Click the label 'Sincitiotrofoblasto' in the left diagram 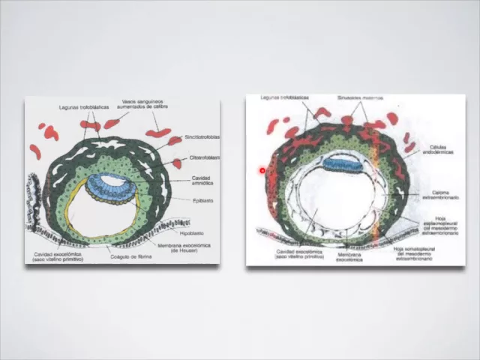point(202,138)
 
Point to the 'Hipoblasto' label point(191,233)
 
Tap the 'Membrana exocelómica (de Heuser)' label point(184,247)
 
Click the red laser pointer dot point(262,171)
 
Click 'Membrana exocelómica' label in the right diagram point(349,256)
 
